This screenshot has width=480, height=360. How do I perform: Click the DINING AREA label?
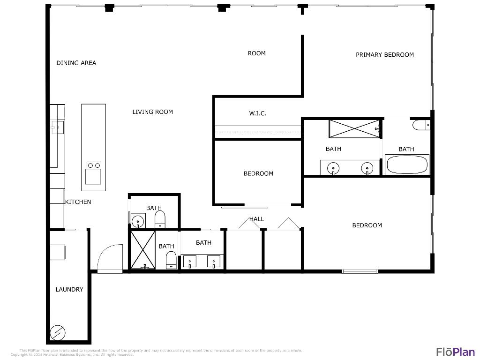[76, 63]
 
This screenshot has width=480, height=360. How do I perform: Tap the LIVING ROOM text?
[152, 112]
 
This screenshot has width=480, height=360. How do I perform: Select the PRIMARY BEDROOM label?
[384, 54]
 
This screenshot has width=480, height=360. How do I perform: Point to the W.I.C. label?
[257, 113]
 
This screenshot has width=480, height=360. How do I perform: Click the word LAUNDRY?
[69, 290]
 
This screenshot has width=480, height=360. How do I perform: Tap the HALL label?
[256, 219]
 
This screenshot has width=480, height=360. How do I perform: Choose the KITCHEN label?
[78, 202]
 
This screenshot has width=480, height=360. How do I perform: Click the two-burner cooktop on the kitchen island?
[94, 165]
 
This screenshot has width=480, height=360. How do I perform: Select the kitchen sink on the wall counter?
[57, 127]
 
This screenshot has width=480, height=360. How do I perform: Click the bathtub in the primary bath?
[406, 165]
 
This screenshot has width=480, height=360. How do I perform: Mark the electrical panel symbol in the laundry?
[58, 333]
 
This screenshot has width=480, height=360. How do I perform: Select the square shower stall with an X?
[142, 250]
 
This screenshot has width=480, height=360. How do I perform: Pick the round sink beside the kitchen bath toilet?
[138, 220]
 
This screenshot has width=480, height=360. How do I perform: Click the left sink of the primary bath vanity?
[334, 167]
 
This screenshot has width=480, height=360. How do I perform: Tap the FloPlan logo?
[455, 352]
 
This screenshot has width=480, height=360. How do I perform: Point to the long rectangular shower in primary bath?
[354, 128]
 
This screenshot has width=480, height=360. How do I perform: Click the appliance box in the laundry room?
[58, 252]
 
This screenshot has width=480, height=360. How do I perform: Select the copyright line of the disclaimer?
[72, 355]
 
